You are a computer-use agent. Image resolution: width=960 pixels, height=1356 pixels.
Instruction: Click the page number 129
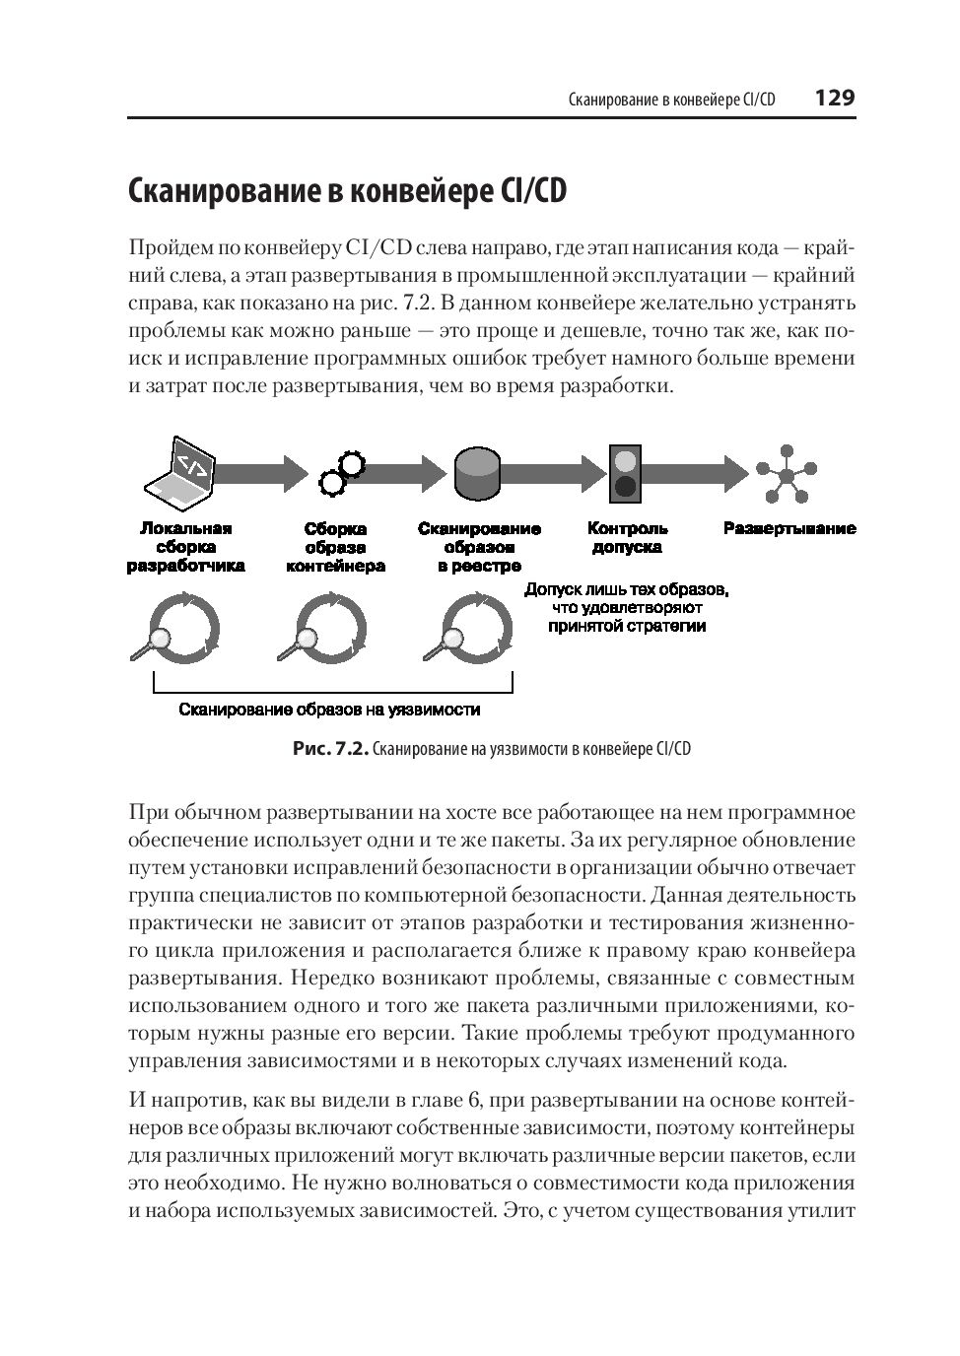coord(834,99)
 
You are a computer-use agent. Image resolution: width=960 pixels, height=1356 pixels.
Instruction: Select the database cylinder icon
coord(478,473)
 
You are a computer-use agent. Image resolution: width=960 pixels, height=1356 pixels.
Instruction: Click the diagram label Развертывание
coord(789,528)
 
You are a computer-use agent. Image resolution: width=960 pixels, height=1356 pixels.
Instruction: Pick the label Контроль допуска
coord(627,537)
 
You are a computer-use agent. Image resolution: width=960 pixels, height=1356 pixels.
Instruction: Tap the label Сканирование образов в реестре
coord(479,547)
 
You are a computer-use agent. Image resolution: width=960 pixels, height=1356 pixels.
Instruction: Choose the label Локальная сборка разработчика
coord(185,547)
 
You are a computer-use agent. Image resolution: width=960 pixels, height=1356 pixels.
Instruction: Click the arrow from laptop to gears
coord(258,473)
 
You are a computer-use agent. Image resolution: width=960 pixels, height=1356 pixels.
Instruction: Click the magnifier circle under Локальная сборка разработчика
coord(180,629)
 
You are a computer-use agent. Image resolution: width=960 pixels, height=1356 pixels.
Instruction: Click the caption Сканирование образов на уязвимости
coord(329,710)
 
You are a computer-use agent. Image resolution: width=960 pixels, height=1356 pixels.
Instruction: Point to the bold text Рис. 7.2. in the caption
coord(330,749)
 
